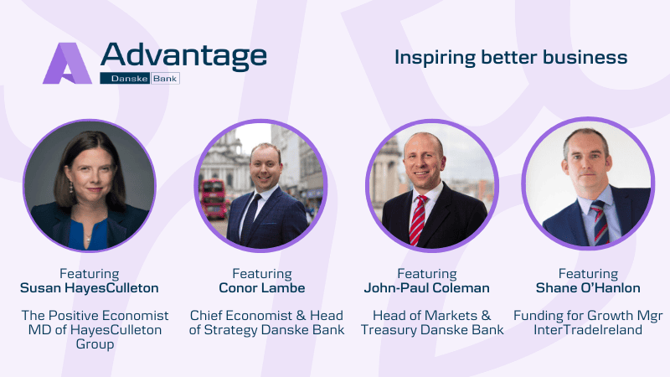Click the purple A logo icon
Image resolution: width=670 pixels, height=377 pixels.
coord(67,64)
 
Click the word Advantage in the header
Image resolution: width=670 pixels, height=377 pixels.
coord(183,56)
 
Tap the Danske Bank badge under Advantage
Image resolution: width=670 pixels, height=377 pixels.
coord(140,78)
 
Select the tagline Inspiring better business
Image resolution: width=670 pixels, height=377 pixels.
coord(511,57)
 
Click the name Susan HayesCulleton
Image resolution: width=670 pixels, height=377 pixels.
coord(90,287)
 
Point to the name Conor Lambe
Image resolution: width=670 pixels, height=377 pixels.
coord(262,287)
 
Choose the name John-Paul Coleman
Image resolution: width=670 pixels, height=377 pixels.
coord(427,287)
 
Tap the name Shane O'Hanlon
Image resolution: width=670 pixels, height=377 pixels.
coord(588,287)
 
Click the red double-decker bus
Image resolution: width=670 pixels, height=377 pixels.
coord(214,199)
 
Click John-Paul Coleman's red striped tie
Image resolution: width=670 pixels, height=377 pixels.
coord(417,220)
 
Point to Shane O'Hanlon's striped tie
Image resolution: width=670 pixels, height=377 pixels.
coord(600,222)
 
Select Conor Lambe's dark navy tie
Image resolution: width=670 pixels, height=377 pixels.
coord(250,218)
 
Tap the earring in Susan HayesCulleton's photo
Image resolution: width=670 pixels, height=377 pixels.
coord(71,186)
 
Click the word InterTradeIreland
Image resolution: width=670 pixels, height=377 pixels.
coord(588,329)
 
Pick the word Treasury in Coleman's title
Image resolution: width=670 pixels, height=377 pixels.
coord(389,329)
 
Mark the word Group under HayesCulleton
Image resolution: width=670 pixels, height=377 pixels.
coord(95,344)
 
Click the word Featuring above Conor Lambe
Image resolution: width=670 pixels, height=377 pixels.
coord(262,274)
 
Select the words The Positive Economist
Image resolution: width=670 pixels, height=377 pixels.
coord(95,316)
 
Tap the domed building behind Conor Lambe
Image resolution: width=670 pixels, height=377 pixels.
coord(225,160)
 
